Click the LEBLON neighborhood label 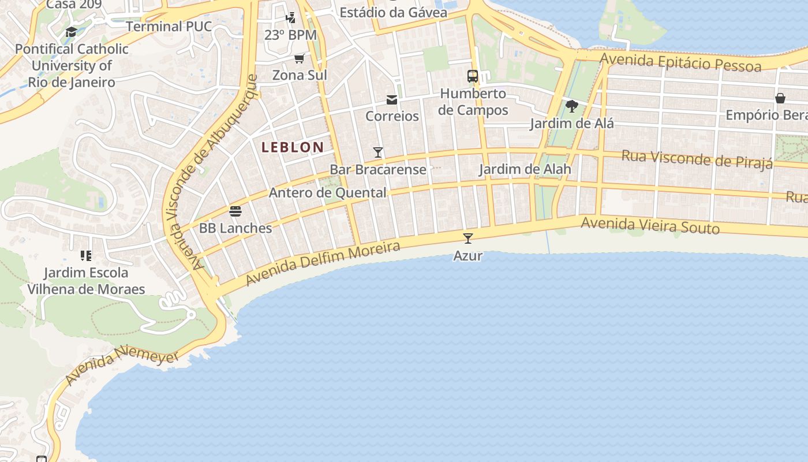(x=293, y=147)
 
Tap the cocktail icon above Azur (x=468, y=238)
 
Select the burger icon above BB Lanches (x=235, y=211)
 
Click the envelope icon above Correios (x=392, y=100)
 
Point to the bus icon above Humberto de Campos (x=473, y=76)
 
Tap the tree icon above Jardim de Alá (x=572, y=106)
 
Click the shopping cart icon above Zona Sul (x=300, y=58)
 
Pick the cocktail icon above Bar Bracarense (x=378, y=152)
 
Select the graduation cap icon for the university (x=72, y=32)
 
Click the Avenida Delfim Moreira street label (x=323, y=264)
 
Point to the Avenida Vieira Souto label (x=650, y=225)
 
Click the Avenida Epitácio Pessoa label (x=680, y=62)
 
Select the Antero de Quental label (x=327, y=193)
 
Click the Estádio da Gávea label (x=393, y=12)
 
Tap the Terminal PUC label (x=169, y=27)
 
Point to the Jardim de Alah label (x=525, y=169)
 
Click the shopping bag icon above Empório (x=780, y=98)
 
